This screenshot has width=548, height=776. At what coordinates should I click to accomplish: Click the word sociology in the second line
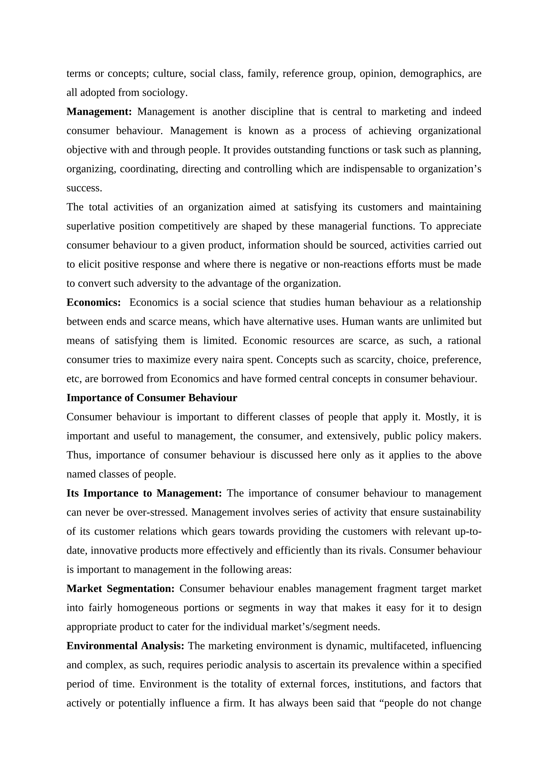click(x=164, y=93)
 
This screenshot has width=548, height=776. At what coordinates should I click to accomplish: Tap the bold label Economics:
click(x=93, y=302)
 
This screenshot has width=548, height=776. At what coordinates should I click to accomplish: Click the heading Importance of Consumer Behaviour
click(x=152, y=398)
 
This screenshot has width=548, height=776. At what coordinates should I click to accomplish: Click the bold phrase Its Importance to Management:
click(x=144, y=494)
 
